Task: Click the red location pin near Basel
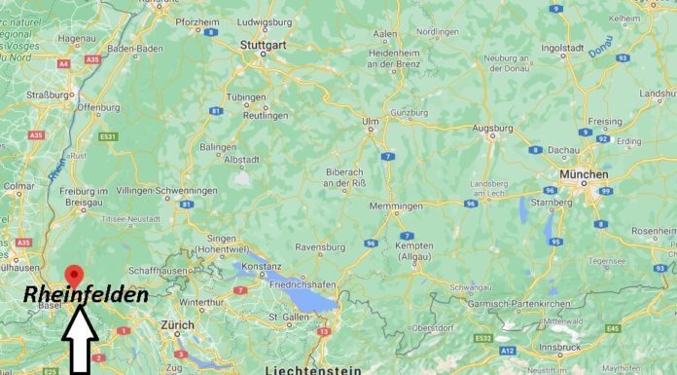point(72,276)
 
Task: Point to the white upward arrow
point(80,339)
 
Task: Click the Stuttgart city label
point(263,44)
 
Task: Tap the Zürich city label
point(178,324)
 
